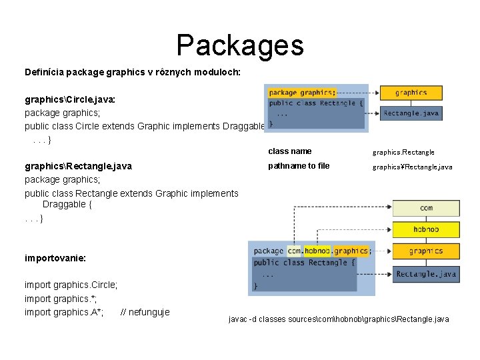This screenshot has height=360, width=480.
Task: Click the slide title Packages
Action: pos(240,45)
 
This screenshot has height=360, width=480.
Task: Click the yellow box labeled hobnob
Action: pos(426,229)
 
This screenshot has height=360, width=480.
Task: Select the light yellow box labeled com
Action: pos(426,208)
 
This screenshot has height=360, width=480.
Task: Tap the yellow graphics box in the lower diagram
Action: pos(426,251)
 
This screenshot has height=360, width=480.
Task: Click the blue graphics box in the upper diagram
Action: pos(411,93)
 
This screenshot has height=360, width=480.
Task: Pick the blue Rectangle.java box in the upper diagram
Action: pos(411,113)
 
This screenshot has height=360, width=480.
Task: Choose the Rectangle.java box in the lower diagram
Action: pos(426,274)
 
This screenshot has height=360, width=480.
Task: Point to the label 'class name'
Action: pos(289,151)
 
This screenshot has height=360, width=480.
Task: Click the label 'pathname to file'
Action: pos(299,166)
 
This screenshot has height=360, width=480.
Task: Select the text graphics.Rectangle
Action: pos(403,153)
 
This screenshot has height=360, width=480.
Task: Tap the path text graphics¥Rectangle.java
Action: pos(412,167)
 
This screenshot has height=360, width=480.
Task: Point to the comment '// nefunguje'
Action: pos(145,312)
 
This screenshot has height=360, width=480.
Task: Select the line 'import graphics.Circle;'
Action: pos(71,285)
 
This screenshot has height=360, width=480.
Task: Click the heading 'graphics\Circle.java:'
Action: pos(70,99)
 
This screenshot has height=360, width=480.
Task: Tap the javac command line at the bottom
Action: pos(339,319)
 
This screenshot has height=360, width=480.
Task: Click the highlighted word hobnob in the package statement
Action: pos(317,251)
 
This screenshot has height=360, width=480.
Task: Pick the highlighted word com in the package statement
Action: pos(294,251)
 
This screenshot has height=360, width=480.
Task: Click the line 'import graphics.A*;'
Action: pos(64,312)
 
